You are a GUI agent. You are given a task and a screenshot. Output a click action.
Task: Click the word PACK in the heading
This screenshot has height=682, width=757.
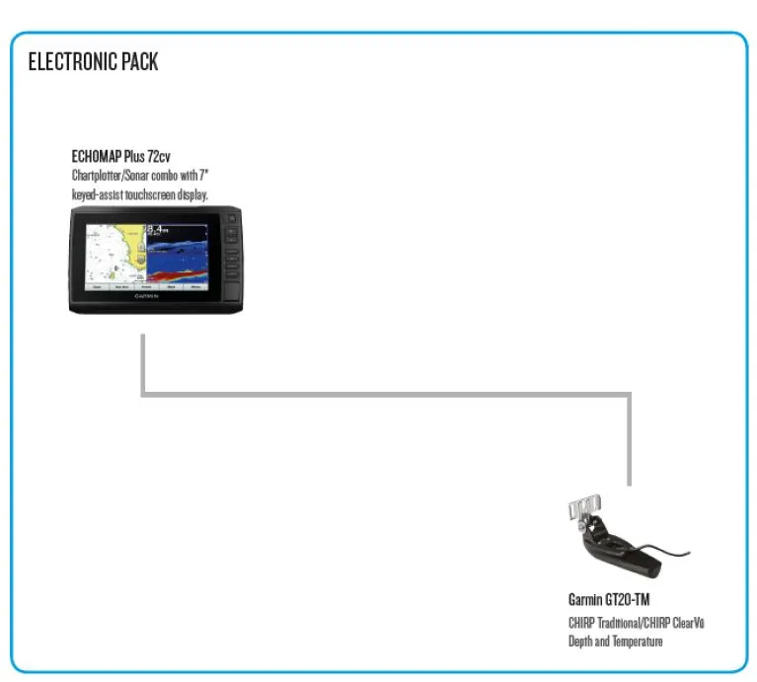[x=138, y=62]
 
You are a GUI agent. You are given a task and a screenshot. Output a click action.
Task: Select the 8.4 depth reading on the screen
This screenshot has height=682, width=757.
[x=158, y=234]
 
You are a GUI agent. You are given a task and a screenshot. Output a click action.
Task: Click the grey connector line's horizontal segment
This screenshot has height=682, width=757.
[x=385, y=395]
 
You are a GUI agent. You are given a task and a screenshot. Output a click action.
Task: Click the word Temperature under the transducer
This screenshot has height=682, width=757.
[x=637, y=642]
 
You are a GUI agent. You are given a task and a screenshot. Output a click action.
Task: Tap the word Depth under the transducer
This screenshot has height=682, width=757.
[x=580, y=642]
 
